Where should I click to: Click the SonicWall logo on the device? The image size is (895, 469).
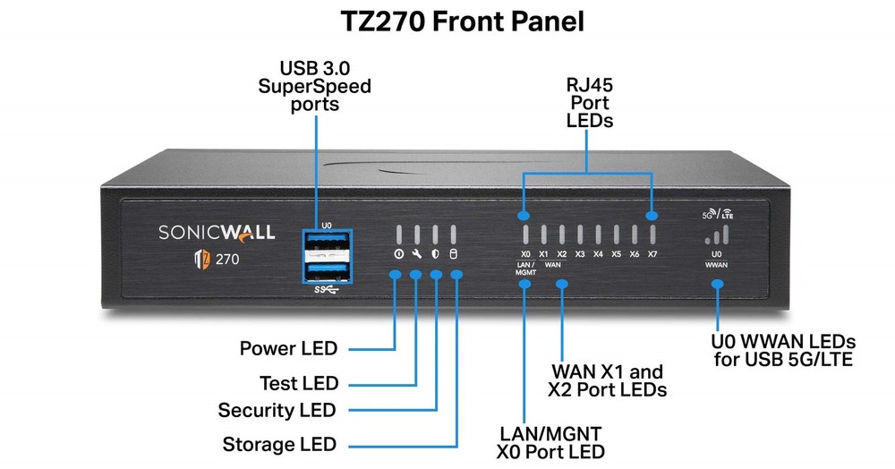(210, 233)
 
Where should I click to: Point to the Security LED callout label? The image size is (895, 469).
(277, 411)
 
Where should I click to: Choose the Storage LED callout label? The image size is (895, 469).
(279, 444)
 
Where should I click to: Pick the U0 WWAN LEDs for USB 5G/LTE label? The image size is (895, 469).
(783, 352)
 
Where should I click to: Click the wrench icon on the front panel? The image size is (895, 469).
(416, 254)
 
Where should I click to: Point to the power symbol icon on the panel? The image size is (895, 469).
(397, 254)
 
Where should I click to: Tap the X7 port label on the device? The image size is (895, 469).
(652, 254)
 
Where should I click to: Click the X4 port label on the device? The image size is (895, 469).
(598, 254)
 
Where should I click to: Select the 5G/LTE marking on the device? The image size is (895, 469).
(719, 214)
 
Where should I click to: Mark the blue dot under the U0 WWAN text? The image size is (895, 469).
(717, 284)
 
